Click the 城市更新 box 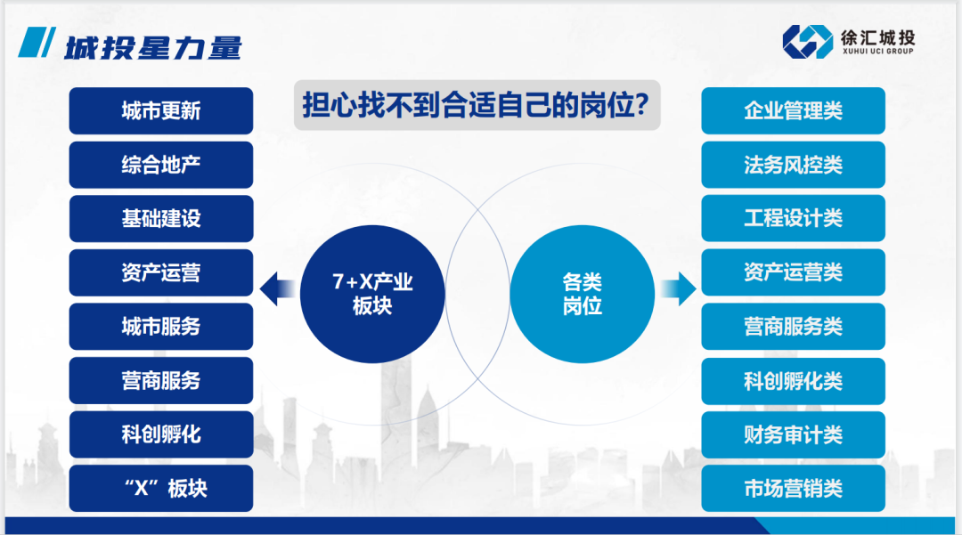pos(161,110)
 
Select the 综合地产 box pos(161,165)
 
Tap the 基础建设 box pos(161,219)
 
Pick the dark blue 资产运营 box pos(161,272)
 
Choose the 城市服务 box pos(161,327)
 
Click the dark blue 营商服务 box pos(161,381)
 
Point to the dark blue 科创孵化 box pos(161,434)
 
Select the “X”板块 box pos(161,489)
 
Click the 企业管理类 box pos(793,110)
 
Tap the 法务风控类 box pos(793,165)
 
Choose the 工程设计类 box pos(793,219)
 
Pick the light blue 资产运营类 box pos(793,272)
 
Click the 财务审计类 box pos(793,434)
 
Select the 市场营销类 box pos(793,489)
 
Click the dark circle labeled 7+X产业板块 pos(372,294)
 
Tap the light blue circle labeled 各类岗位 pos(582,294)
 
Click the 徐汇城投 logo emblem pos(807,41)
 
